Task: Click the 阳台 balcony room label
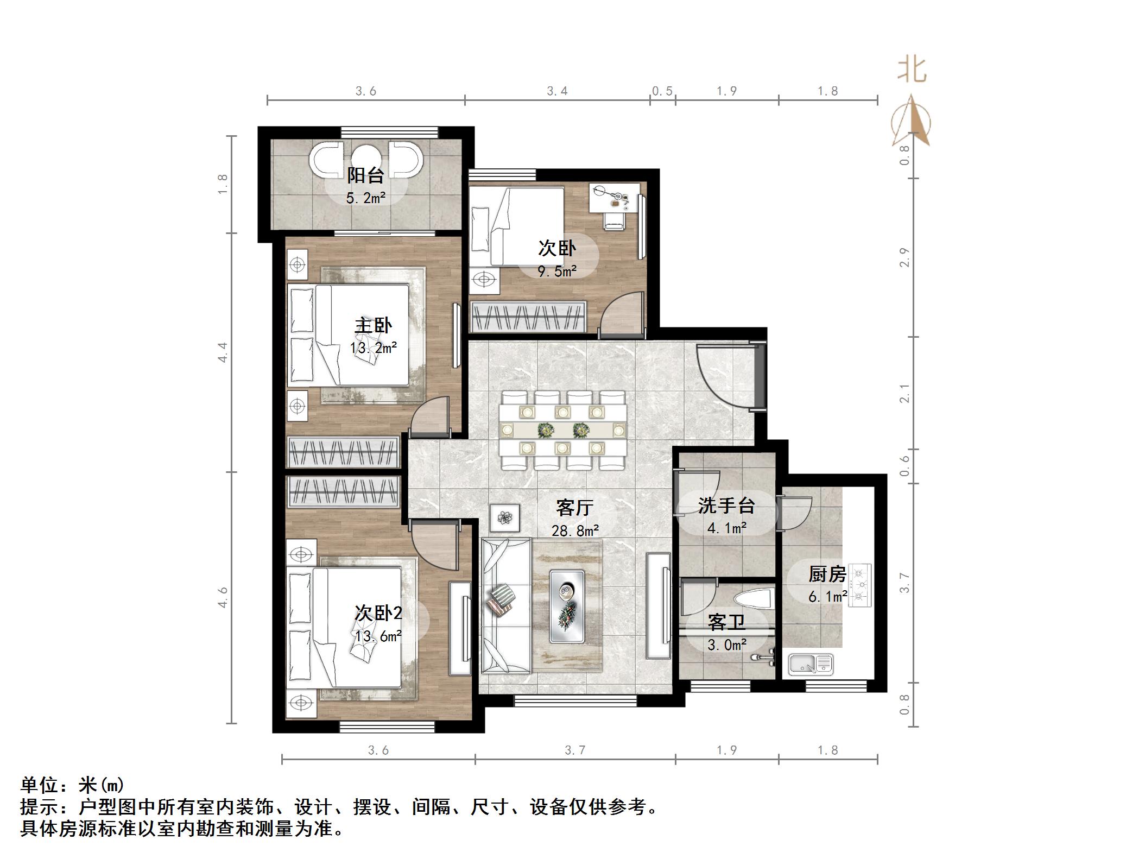[365, 175]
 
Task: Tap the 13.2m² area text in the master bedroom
[374, 348]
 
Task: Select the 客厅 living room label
[574, 508]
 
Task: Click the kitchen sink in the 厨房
[811, 664]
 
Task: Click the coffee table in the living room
[567, 605]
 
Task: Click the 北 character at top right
[912, 71]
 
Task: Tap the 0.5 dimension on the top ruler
[662, 91]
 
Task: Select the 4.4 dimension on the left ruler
[223, 352]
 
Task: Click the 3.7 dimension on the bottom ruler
[575, 750]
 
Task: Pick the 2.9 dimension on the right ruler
[904, 257]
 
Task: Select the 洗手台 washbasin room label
[726, 506]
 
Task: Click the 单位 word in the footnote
[39, 785]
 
